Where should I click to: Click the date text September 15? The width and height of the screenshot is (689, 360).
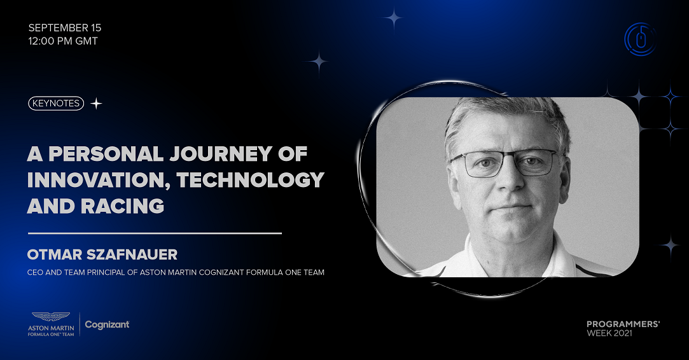click(x=65, y=28)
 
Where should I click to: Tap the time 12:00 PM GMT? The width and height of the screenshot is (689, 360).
click(x=63, y=41)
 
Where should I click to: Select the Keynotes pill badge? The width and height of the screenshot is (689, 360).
click(x=56, y=103)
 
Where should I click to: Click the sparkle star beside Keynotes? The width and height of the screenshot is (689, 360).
click(x=96, y=104)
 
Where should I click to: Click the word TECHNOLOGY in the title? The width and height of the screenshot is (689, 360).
click(x=251, y=180)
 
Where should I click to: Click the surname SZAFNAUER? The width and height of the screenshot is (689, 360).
click(x=132, y=254)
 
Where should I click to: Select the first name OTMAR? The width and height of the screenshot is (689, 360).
click(x=55, y=254)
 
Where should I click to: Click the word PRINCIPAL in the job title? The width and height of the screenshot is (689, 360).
click(x=106, y=272)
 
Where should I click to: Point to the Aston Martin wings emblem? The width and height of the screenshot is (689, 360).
click(x=51, y=317)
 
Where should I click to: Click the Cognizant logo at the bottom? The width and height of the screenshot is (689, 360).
click(x=108, y=325)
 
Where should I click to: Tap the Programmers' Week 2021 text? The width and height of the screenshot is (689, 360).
click(x=623, y=328)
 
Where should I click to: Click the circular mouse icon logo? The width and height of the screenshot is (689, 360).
click(x=641, y=39)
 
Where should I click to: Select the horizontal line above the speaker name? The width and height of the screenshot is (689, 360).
click(x=155, y=233)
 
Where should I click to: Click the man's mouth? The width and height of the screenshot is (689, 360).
click(x=511, y=207)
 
